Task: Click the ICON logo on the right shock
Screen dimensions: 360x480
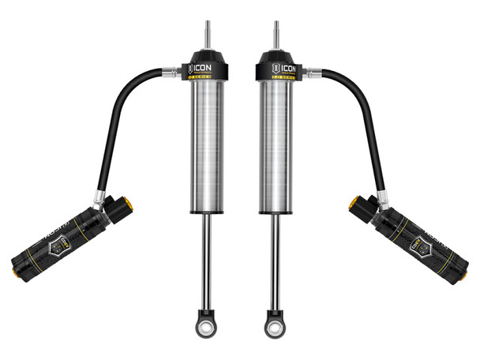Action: tap(278, 66)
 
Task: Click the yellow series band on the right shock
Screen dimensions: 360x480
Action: tap(278, 79)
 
